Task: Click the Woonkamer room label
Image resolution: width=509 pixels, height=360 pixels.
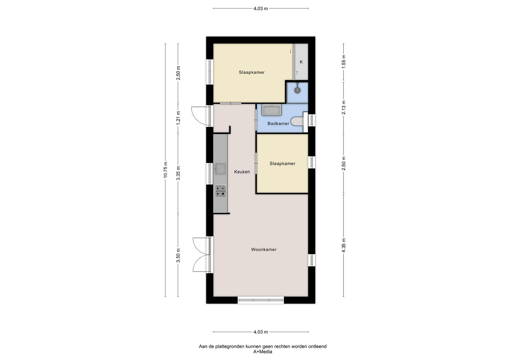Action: (264, 250)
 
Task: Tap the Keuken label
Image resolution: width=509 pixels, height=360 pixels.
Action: (242, 172)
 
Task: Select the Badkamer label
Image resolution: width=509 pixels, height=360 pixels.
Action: (278, 124)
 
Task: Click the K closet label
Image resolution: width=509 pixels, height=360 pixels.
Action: (301, 62)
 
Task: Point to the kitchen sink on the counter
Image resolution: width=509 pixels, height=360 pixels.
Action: (220, 169)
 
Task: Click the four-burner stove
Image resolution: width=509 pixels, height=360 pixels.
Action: (220, 190)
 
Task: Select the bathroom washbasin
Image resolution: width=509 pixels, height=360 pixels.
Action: (272, 110)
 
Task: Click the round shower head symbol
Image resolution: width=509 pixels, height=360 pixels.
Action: (297, 90)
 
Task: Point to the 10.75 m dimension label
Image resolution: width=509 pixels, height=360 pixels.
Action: (165, 170)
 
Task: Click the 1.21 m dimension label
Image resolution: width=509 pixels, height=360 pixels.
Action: (178, 118)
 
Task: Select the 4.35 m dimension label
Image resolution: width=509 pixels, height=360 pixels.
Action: (344, 245)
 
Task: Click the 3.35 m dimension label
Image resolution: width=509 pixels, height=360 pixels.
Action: (178, 173)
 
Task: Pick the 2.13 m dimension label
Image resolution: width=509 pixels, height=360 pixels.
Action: (344, 107)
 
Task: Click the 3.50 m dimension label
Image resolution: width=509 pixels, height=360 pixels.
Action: (178, 255)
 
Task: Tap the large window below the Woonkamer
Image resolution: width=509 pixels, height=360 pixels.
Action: (261, 300)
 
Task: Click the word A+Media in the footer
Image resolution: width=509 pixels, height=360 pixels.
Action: (263, 352)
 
